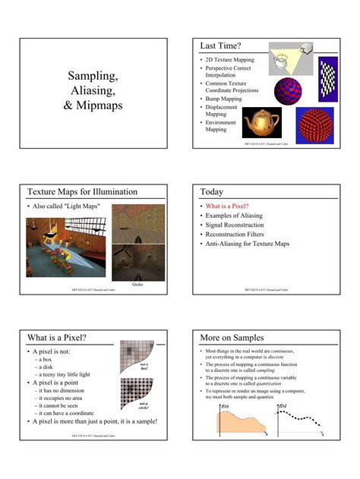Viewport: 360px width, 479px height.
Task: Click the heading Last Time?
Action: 220,47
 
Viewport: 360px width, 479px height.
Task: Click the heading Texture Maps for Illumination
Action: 82,192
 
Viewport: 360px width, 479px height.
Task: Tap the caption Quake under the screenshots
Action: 137,284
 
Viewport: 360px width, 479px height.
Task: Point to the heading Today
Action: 212,192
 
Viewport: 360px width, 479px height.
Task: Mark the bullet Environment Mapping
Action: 221,125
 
